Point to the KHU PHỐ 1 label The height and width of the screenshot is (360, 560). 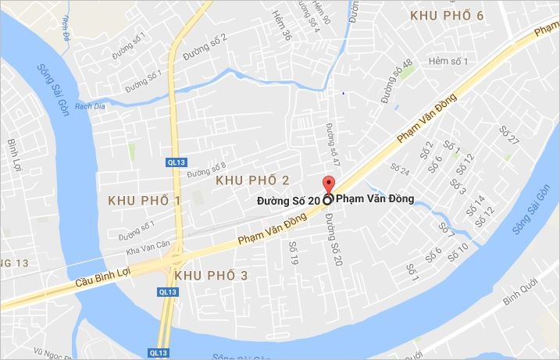click(144, 201)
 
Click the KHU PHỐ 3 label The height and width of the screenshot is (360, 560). click(211, 276)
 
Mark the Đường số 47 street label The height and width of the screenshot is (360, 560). click(334, 144)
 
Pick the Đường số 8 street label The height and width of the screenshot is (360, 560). click(206, 167)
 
